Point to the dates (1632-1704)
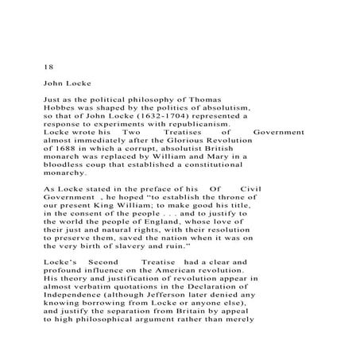(x=167, y=116)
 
